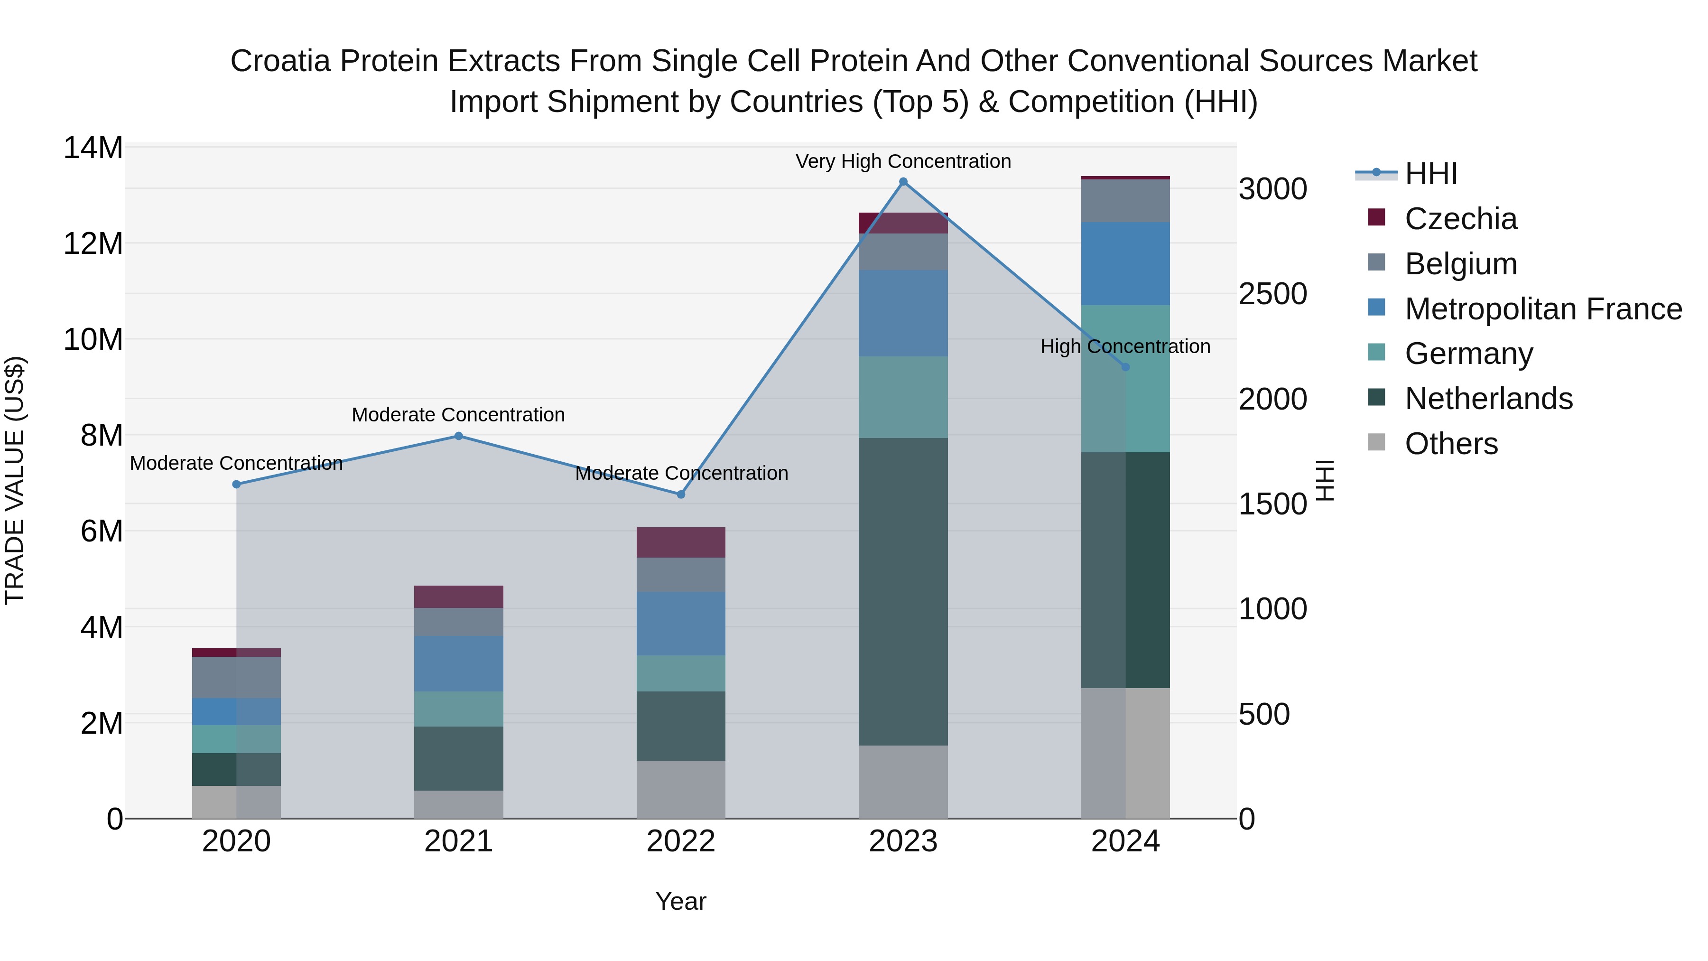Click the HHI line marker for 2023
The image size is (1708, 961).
(903, 182)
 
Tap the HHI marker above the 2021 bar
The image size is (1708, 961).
(458, 436)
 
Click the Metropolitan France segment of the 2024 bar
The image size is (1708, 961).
(1125, 263)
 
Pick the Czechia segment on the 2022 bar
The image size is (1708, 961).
(681, 542)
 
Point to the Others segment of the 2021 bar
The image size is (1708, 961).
(458, 804)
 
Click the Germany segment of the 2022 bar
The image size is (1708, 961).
(681, 673)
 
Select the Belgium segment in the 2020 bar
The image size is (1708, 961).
(237, 677)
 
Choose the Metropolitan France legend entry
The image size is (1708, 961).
(1542, 309)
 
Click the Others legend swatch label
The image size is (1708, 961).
(1451, 444)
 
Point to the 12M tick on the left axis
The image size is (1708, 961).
(93, 244)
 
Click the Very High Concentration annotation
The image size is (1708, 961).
(903, 161)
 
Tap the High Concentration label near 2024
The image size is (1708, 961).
(1125, 346)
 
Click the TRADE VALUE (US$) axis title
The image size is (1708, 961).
(15, 480)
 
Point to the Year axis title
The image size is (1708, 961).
(681, 901)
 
